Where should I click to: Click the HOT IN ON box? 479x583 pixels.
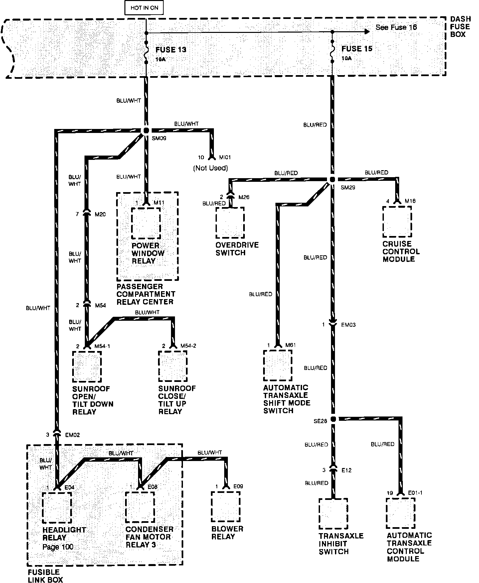(x=144, y=8)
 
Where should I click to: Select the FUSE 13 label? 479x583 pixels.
(x=171, y=50)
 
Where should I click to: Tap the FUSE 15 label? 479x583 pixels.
(x=357, y=49)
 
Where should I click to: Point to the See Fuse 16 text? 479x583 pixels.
(x=396, y=28)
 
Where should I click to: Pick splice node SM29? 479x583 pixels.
(x=332, y=179)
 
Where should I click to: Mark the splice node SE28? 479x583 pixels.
(x=333, y=419)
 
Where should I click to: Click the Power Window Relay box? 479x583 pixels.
(x=146, y=223)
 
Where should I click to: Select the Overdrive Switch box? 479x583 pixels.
(x=230, y=223)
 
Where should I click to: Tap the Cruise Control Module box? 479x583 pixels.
(x=397, y=222)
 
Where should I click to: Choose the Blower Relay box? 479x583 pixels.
(x=226, y=507)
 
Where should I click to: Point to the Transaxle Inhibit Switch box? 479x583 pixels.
(x=333, y=514)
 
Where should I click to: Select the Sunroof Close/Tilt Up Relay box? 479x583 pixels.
(x=173, y=366)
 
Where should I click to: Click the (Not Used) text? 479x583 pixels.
(x=211, y=168)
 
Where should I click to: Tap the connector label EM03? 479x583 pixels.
(x=348, y=325)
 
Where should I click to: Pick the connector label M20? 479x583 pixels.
(x=100, y=214)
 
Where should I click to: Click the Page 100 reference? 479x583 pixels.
(x=58, y=547)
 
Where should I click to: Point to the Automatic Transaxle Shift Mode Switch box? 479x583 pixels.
(x=278, y=366)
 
